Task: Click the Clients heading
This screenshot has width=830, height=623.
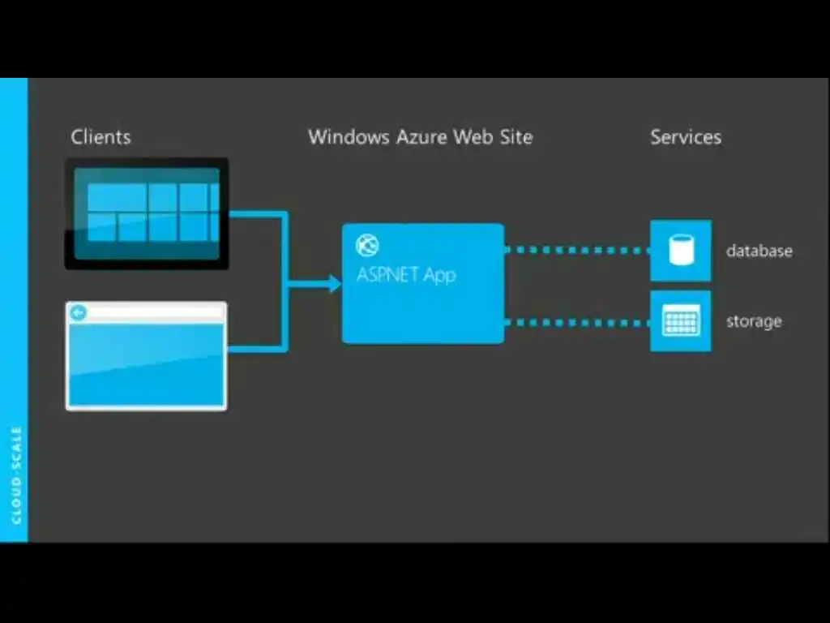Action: click(x=101, y=137)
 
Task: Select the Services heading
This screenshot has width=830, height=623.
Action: click(x=685, y=137)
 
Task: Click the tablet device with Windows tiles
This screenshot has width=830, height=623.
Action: click(x=147, y=213)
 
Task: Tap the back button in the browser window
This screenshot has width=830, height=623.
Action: click(x=79, y=313)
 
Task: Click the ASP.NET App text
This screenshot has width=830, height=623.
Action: click(x=406, y=274)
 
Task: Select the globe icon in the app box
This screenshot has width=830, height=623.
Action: click(x=367, y=245)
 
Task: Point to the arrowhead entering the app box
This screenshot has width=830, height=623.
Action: click(x=334, y=283)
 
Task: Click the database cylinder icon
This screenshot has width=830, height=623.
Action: click(x=681, y=251)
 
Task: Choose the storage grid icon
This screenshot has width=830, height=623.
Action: click(x=681, y=321)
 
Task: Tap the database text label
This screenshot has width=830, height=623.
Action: click(x=759, y=251)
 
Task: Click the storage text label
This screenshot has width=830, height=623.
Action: click(x=754, y=321)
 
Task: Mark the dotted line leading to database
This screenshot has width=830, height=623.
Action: click(x=577, y=250)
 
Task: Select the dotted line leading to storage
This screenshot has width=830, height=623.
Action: click(x=577, y=323)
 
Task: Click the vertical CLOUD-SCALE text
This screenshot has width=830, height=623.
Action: click(x=16, y=475)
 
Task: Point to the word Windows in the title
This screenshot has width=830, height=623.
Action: click(x=349, y=137)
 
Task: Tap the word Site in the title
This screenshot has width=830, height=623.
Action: click(x=515, y=137)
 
